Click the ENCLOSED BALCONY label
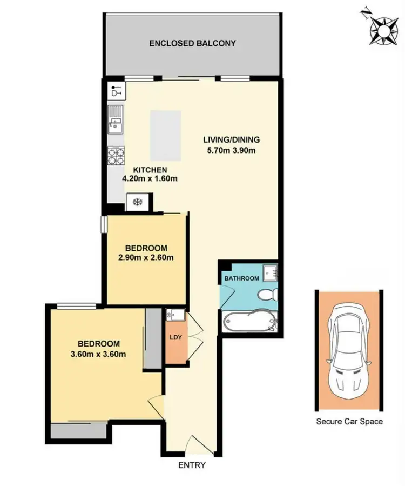pyautogui.click(x=193, y=43)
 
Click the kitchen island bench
pyautogui.click(x=165, y=133)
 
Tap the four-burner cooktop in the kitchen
pyautogui.click(x=116, y=156)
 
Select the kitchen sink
pyautogui.click(x=115, y=121)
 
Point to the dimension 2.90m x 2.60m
pyautogui.click(x=146, y=257)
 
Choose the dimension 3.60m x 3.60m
pyautogui.click(x=99, y=354)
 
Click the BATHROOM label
pyautogui.click(x=241, y=278)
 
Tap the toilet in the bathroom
pyautogui.click(x=267, y=295)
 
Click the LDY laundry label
pyautogui.click(x=175, y=338)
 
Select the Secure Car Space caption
pyautogui.click(x=349, y=421)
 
